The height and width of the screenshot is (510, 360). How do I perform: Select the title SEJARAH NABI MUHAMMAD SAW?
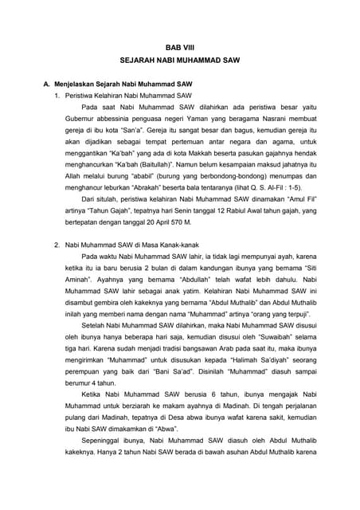(x=180, y=61)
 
